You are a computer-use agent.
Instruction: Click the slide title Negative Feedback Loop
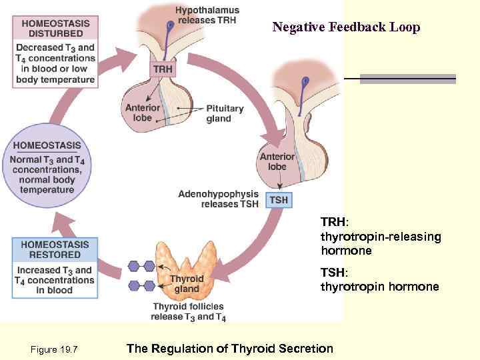(x=346, y=27)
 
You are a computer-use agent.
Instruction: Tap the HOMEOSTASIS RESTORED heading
(x=55, y=250)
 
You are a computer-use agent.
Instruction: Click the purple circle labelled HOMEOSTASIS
(x=52, y=167)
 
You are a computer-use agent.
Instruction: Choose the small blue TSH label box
(x=279, y=199)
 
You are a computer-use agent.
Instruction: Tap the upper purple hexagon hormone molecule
(x=141, y=266)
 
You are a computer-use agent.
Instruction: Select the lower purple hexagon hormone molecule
(x=141, y=286)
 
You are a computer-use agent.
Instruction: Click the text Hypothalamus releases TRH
(x=207, y=15)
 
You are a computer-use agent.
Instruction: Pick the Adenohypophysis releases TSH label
(x=218, y=199)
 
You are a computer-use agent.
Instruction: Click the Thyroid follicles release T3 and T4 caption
(x=188, y=311)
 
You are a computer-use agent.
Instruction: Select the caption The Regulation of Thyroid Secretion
(x=229, y=348)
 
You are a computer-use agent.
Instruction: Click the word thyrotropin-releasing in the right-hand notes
(x=381, y=237)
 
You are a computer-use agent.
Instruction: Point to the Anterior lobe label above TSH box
(x=277, y=161)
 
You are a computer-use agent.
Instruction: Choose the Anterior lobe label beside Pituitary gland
(x=143, y=113)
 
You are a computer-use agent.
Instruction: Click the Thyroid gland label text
(x=187, y=284)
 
